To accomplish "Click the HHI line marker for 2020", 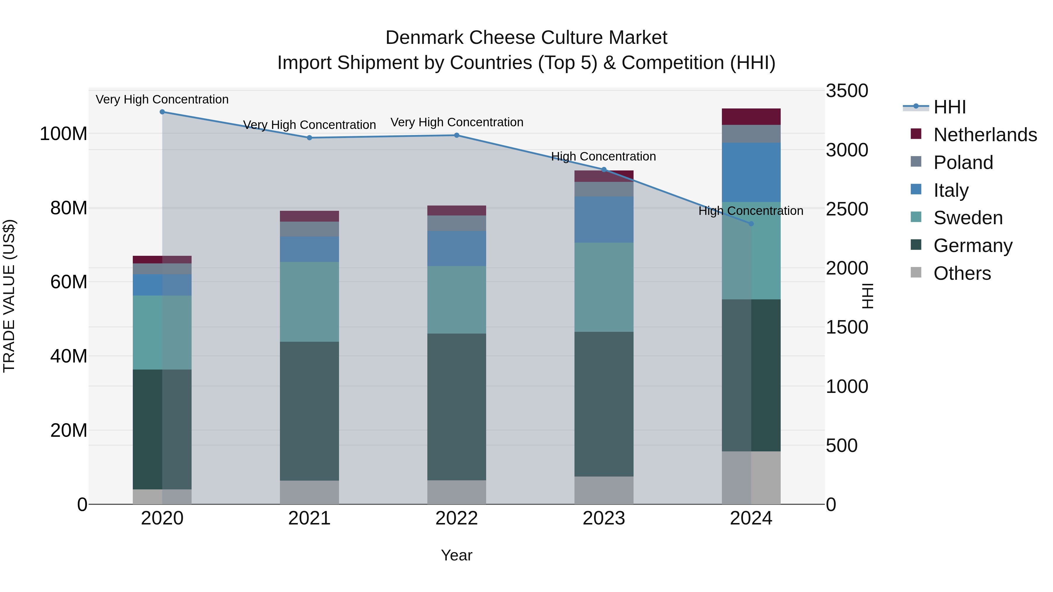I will (162, 112).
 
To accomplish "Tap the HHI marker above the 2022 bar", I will (457, 135).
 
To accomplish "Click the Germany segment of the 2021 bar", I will (309, 411).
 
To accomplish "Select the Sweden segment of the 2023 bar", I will (604, 287).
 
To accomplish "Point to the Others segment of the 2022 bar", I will (457, 492).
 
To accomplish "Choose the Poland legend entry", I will (963, 163).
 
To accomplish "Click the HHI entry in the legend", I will (949, 107).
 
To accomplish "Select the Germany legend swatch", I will (916, 245).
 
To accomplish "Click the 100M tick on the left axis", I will (63, 134).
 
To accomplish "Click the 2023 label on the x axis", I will (604, 518).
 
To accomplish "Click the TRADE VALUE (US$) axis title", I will (9, 296).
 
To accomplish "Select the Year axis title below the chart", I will (457, 555).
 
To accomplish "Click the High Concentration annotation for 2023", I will (603, 156).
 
